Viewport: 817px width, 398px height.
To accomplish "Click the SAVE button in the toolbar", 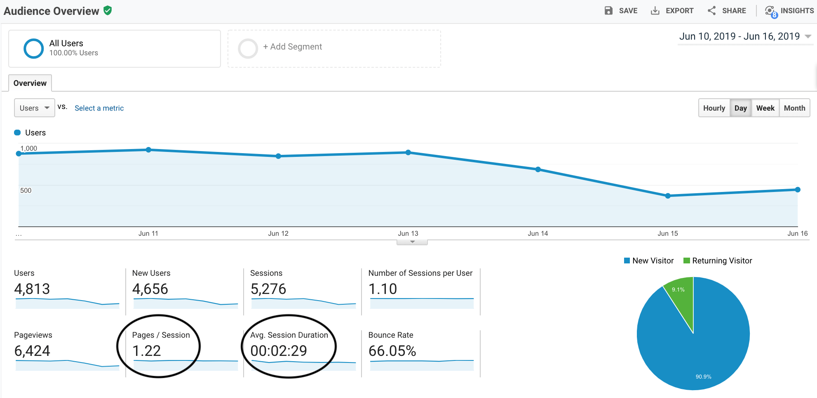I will [x=621, y=11].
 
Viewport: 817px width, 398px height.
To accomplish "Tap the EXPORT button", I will [x=672, y=11].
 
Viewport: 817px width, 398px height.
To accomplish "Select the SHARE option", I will [x=727, y=11].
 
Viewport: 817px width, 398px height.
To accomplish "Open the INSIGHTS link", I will [x=789, y=11].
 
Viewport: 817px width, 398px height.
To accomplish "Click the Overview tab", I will [x=30, y=83].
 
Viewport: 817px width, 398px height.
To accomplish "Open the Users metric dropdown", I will [x=35, y=108].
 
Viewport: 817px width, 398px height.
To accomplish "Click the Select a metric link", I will [x=99, y=108].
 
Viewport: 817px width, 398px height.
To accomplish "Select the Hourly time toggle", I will [x=714, y=108].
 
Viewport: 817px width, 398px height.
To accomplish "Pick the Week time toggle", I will [x=765, y=108].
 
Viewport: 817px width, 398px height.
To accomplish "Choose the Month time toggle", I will [x=794, y=108].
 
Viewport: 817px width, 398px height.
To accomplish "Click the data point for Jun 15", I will [x=668, y=196].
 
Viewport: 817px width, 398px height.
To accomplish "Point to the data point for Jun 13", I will [x=408, y=152].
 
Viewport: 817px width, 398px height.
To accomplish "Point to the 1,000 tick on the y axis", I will [x=29, y=148].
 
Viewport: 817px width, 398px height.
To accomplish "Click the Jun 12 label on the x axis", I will [x=278, y=233].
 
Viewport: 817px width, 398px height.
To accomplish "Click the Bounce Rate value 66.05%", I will [x=392, y=351].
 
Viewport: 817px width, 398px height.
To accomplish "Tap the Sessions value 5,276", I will [x=268, y=289].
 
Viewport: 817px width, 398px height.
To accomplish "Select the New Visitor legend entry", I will [x=649, y=261].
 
